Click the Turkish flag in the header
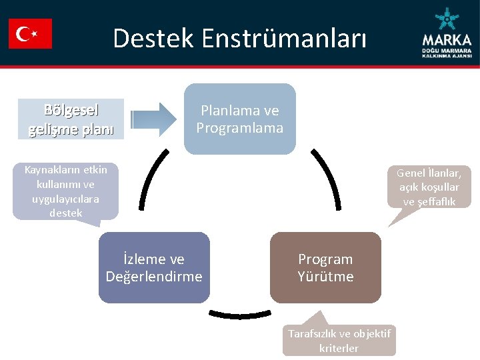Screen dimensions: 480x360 [x=30, y=33]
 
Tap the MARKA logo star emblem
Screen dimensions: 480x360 [x=445, y=20]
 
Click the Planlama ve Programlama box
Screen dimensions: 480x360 [x=240, y=119]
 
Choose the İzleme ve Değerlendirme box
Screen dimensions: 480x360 [x=154, y=267]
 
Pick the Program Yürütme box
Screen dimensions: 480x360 [x=325, y=267]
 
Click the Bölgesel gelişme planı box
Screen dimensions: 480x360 [x=71, y=119]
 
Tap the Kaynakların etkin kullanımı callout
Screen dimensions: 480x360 [x=65, y=191]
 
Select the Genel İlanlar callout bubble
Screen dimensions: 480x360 [x=430, y=187]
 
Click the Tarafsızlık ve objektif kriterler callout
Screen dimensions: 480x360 [x=339, y=340]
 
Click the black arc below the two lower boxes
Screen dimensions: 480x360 [x=240, y=313]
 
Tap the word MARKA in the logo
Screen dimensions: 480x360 [x=447, y=39]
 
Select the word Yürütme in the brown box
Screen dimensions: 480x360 [x=325, y=276]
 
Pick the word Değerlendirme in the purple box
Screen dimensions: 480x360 [x=154, y=276]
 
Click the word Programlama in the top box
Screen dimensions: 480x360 [x=240, y=127]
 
